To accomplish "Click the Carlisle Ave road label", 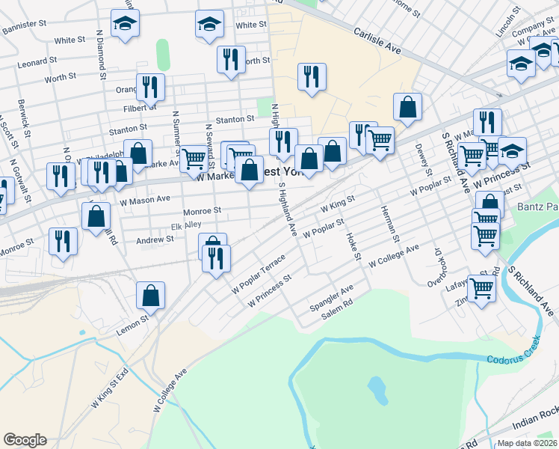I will [x=377, y=42].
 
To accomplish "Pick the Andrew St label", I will [x=155, y=239].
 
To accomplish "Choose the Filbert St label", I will [x=139, y=107].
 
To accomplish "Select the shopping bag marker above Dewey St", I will [x=407, y=106].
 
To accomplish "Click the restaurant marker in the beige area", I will [x=311, y=76].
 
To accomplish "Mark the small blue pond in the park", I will [x=377, y=389].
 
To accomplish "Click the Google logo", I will [x=25, y=440].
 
